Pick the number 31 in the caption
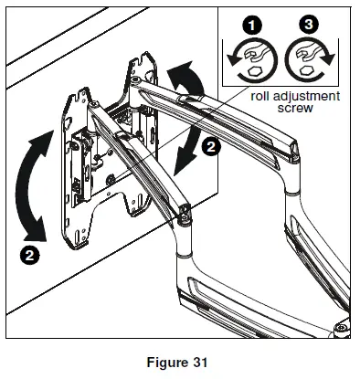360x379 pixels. [204, 361]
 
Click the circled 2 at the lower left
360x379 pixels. [31, 255]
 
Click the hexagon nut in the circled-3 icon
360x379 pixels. [312, 72]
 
